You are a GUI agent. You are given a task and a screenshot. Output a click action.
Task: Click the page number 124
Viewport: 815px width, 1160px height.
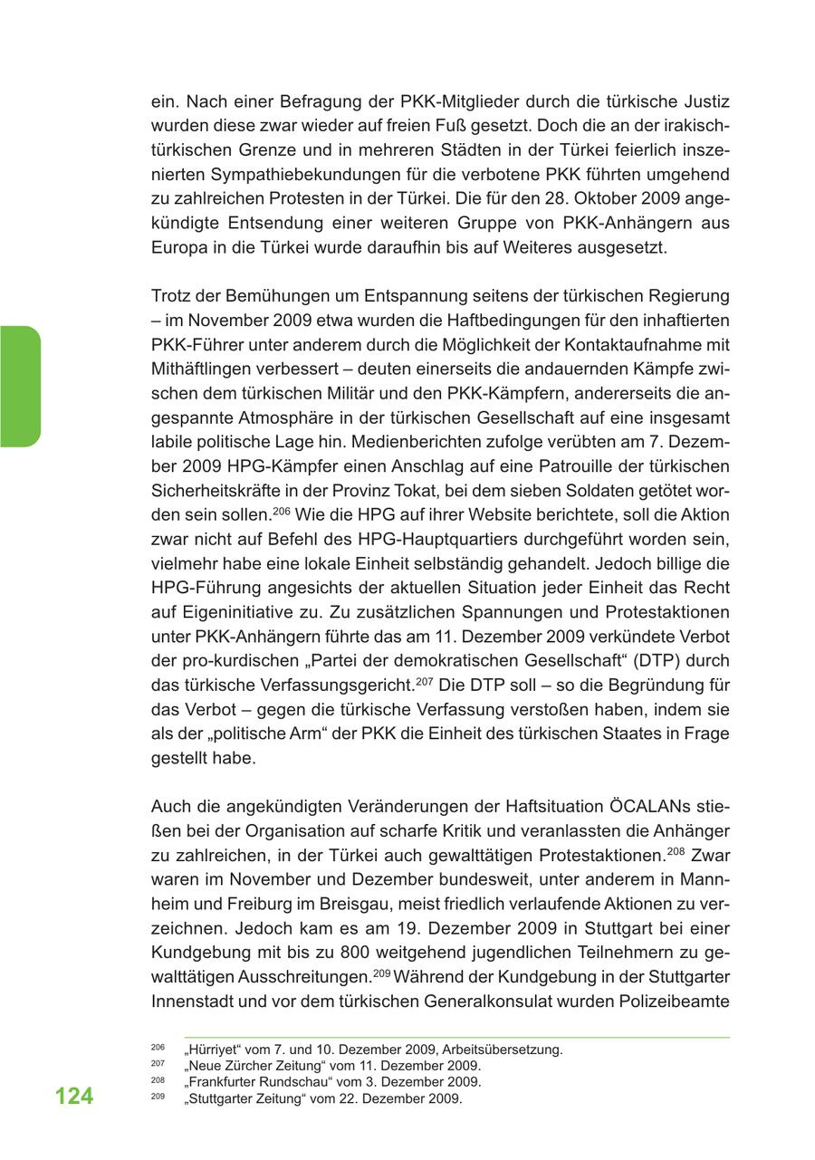(73, 1097)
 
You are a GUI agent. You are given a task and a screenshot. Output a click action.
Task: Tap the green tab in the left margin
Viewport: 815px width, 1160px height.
(20, 387)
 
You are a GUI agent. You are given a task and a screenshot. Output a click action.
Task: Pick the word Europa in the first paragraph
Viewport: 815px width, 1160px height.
(177, 247)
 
